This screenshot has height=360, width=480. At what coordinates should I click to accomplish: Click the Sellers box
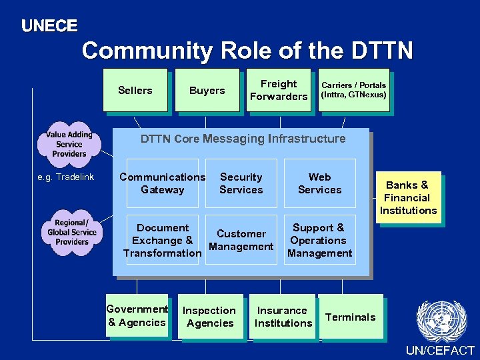tap(135, 90)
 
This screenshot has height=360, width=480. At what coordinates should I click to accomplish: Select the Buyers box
tap(207, 90)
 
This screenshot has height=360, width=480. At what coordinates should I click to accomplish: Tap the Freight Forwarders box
tap(279, 90)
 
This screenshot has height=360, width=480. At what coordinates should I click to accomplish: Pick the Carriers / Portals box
tap(353, 90)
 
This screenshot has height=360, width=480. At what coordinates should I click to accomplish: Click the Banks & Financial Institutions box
tap(408, 197)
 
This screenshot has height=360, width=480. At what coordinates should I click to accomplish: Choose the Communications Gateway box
tap(163, 183)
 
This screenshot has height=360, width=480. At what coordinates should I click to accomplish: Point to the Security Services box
tap(241, 183)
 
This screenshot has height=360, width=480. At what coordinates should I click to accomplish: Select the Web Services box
tap(319, 183)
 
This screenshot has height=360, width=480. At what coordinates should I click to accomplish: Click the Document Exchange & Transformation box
tap(163, 240)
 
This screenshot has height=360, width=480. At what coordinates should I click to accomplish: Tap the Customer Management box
tap(241, 240)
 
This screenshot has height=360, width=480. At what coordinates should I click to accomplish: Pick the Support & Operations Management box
tap(319, 240)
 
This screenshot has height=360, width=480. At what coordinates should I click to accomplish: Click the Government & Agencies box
tap(137, 315)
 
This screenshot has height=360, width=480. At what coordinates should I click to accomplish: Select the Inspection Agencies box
tap(210, 317)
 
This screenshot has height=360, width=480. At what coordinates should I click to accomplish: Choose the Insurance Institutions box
tap(283, 317)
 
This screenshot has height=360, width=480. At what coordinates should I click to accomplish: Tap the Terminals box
tap(351, 317)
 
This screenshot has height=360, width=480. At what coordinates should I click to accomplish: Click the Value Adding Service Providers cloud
tap(69, 143)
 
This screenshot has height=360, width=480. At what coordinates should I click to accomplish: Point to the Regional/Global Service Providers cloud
tap(72, 232)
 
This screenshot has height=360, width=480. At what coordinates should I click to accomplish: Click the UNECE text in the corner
tap(49, 26)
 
